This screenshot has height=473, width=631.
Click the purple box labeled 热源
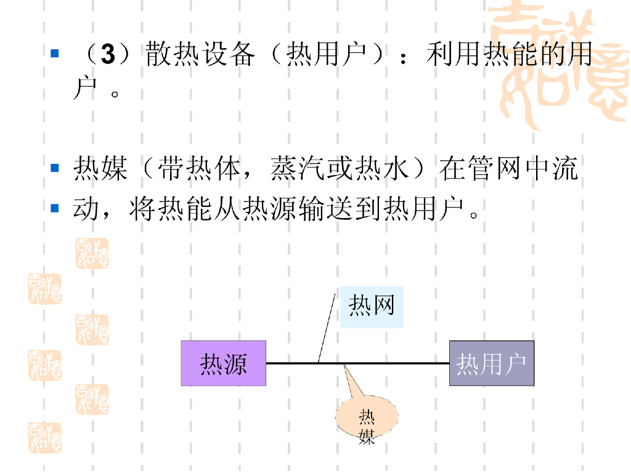(223, 363)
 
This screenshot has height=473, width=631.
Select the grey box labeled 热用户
(491, 363)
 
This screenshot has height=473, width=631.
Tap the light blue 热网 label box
(372, 307)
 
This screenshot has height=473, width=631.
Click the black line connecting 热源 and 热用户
(394, 363)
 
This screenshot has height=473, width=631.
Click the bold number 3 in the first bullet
(108, 55)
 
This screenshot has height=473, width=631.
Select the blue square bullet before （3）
(55, 54)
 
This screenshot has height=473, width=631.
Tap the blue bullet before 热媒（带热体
(55, 168)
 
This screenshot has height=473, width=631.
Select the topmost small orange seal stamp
(92, 253)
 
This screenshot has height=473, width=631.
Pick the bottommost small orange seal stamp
(44, 438)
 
